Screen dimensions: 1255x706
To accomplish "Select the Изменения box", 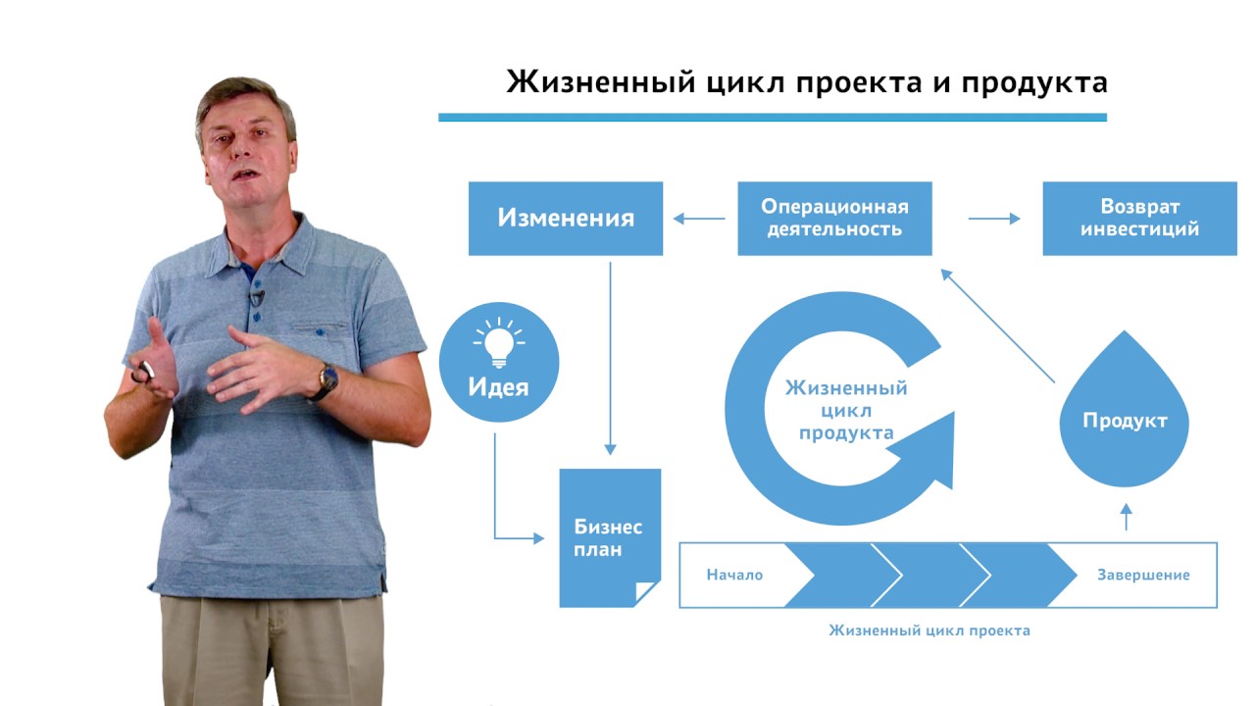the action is point(566,218).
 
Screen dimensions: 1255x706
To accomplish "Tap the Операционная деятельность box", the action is point(834,218).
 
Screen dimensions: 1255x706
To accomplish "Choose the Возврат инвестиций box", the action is point(1139,218).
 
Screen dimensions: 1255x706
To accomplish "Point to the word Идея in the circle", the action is point(499,387).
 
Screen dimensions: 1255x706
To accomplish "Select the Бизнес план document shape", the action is point(608,538).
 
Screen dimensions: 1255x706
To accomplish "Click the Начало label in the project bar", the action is point(734,575).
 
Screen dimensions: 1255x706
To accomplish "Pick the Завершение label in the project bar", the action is point(1143,575).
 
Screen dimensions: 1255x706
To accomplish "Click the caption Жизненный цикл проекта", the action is point(929,630).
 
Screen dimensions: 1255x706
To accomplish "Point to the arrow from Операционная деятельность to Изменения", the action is point(698,219).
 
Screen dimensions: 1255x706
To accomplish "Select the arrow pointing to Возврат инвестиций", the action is point(994,219).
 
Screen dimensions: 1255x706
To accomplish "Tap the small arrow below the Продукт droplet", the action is point(1126,516).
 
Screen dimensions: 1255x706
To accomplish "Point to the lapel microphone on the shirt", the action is point(257,296).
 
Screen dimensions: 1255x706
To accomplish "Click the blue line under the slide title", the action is point(772,118).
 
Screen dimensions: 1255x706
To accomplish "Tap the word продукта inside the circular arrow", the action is point(846,432).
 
